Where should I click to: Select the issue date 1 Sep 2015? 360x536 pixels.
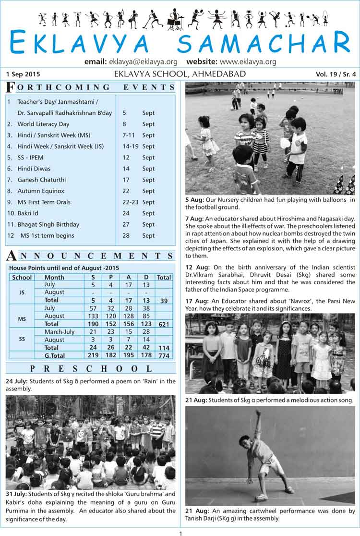pyautogui.click(x=23, y=74)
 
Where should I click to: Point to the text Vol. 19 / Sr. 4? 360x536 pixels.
pyautogui.click(x=336, y=74)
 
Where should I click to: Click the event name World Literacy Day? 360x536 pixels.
pyautogui.click(x=43, y=124)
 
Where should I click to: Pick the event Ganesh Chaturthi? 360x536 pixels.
pyautogui.click(x=42, y=180)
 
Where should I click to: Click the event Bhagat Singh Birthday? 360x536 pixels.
pyautogui.click(x=48, y=224)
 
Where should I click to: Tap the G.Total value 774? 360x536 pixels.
pyautogui.click(x=164, y=355)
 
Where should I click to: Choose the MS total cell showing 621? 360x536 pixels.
pyautogui.click(x=164, y=324)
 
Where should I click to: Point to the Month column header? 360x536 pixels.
pyautogui.click(x=54, y=277)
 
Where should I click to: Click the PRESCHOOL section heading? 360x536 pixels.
pyautogui.click(x=91, y=369)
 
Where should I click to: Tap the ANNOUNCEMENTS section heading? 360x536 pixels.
pyautogui.click(x=91, y=255)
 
